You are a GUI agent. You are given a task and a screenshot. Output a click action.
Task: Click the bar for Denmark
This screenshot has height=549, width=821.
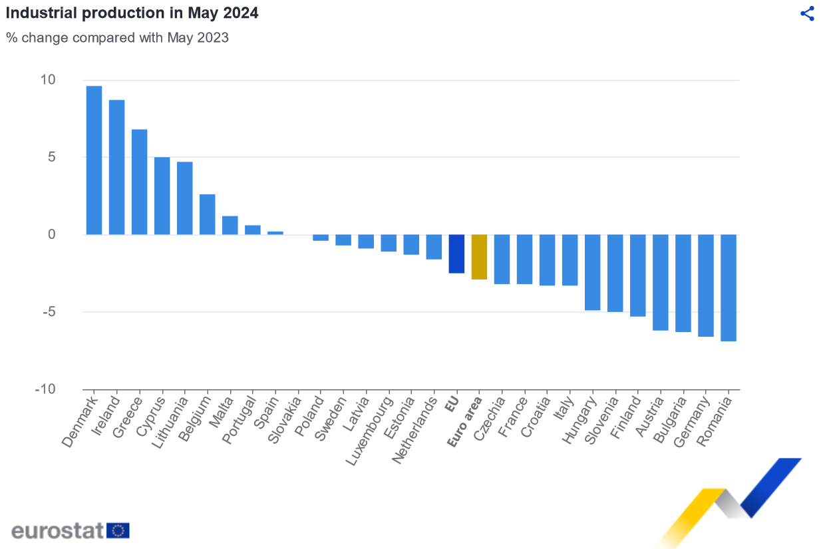(94, 160)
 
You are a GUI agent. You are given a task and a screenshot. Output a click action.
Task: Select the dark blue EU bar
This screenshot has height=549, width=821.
(456, 254)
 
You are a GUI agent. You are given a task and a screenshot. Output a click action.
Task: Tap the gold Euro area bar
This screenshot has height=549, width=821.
(479, 257)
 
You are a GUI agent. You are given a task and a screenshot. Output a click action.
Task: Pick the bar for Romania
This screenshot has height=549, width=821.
(729, 287)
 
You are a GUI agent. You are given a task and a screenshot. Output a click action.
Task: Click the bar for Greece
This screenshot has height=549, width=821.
(139, 182)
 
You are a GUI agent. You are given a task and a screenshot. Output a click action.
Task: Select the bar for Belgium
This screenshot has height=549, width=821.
(207, 214)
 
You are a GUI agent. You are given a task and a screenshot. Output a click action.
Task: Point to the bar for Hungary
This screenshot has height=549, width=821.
(592, 272)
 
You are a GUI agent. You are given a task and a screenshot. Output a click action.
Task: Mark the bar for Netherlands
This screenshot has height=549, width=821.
(434, 247)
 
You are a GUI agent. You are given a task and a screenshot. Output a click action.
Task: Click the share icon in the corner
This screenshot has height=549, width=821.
(807, 14)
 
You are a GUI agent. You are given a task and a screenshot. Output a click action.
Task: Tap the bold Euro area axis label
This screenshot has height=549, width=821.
(465, 421)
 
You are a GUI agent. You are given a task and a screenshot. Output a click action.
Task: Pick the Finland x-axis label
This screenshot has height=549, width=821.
(627, 418)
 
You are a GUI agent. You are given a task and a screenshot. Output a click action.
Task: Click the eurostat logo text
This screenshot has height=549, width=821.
(58, 530)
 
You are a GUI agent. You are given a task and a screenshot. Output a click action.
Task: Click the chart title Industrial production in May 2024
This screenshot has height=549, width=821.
(132, 13)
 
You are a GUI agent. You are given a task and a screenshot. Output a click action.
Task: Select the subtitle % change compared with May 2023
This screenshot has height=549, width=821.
(118, 38)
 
